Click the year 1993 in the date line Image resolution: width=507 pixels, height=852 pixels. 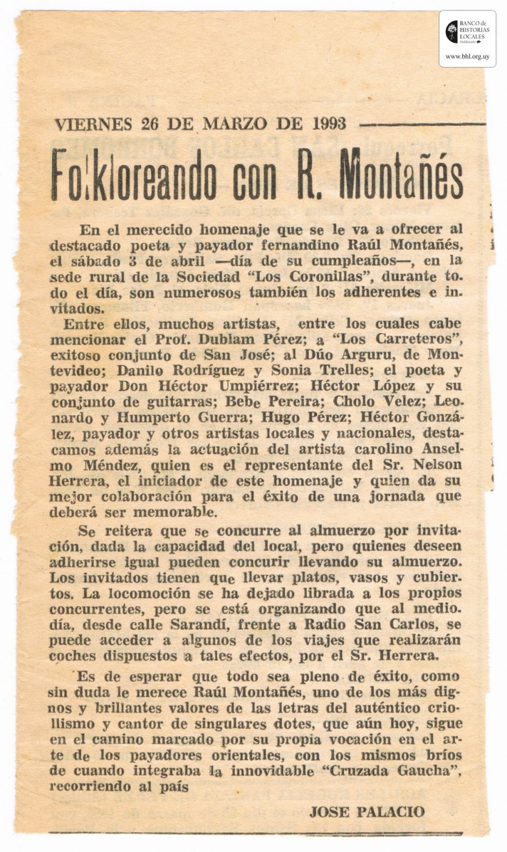(x=328, y=123)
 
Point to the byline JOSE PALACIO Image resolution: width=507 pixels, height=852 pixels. (x=367, y=811)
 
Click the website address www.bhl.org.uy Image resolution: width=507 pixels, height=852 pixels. (x=467, y=56)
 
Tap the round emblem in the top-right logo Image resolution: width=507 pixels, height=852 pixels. (x=452, y=31)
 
